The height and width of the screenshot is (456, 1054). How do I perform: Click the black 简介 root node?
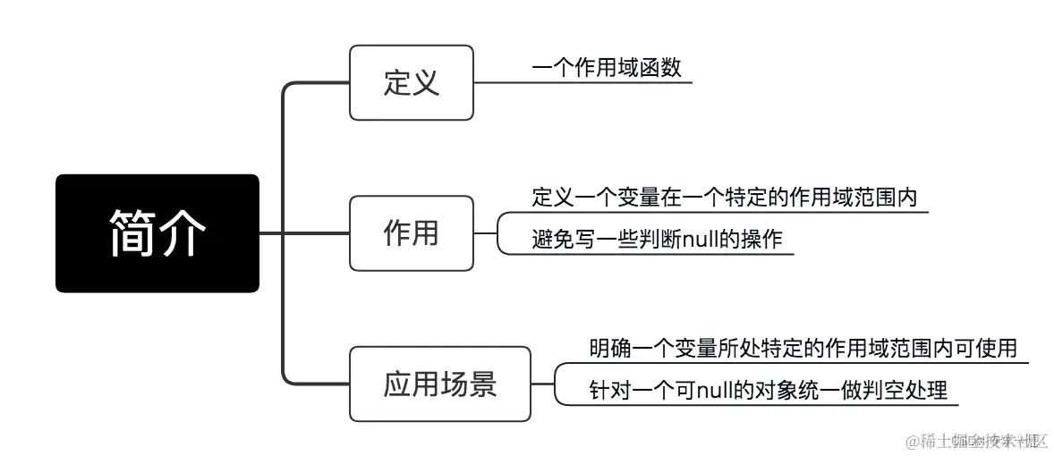click(x=157, y=233)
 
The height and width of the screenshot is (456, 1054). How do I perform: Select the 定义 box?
click(x=411, y=83)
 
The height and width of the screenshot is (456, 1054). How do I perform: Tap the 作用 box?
click(x=411, y=233)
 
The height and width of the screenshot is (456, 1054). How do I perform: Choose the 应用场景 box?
click(x=439, y=384)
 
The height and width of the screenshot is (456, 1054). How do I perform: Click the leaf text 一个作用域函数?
click(x=606, y=68)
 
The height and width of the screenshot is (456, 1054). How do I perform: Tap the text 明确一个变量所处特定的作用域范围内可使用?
click(x=803, y=348)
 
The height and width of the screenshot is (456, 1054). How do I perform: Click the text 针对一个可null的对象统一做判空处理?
click(x=768, y=391)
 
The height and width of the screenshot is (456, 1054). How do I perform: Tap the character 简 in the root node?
click(x=132, y=233)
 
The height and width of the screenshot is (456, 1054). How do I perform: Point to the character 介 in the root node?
click(x=183, y=233)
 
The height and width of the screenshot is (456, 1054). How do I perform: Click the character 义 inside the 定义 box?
click(x=426, y=83)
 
